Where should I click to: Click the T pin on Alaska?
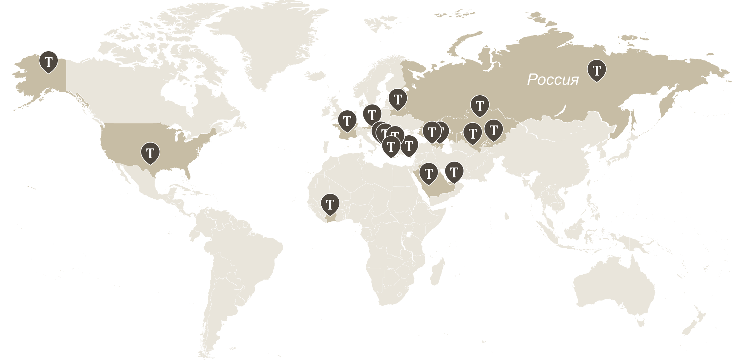49,61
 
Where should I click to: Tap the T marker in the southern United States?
150,153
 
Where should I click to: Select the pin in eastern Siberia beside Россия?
596,70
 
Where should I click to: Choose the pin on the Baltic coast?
398,99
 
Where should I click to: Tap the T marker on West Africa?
330,204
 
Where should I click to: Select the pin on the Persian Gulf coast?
454,171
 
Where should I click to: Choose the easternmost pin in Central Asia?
493,130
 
